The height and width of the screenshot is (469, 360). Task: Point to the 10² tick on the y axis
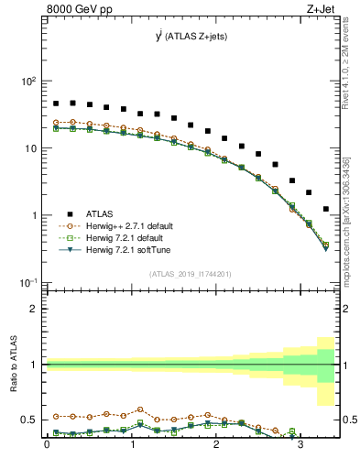[x=28, y=81]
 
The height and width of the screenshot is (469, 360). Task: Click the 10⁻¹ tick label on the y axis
[x=28, y=282]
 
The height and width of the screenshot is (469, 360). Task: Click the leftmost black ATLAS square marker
[x=56, y=104]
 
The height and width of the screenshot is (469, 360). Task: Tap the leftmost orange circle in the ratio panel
[x=56, y=416]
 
